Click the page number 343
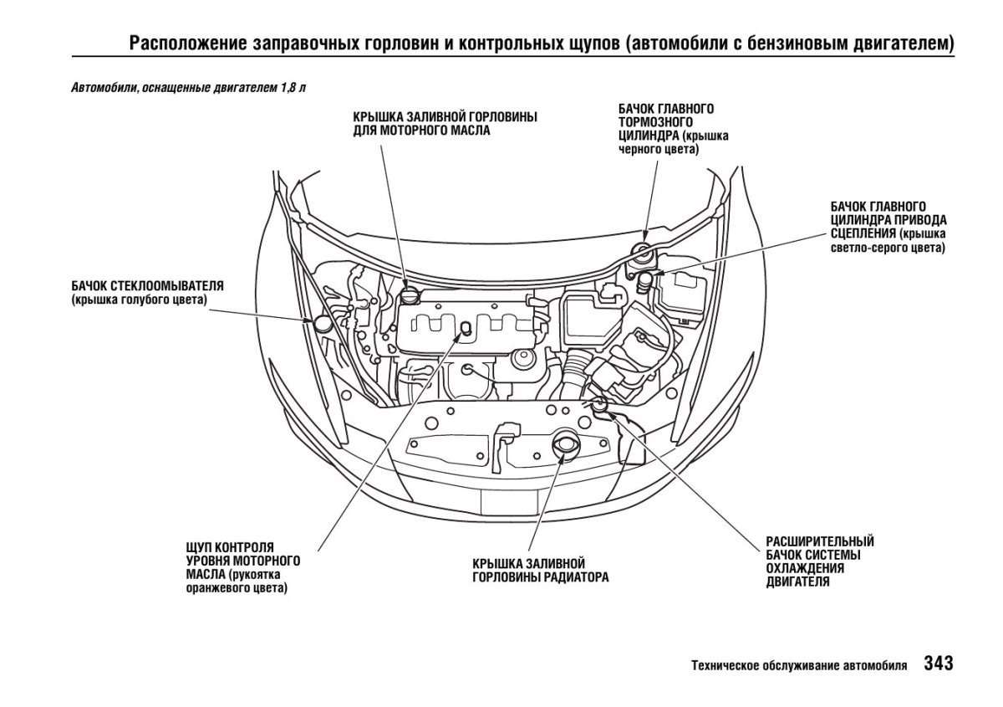[938, 663]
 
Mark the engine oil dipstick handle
[465, 329]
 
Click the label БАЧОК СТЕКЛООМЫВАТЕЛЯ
[148, 285]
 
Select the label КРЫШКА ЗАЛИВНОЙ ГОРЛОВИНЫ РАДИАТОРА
[540, 570]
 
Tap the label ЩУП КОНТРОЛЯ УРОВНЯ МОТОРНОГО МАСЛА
[242, 560]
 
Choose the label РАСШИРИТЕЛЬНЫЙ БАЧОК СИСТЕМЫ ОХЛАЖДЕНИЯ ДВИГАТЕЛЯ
[819, 561]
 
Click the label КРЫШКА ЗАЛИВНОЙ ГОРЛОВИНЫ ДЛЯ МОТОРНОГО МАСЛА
[445, 123]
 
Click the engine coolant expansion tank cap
[598, 405]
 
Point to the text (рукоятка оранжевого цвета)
[237, 581]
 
